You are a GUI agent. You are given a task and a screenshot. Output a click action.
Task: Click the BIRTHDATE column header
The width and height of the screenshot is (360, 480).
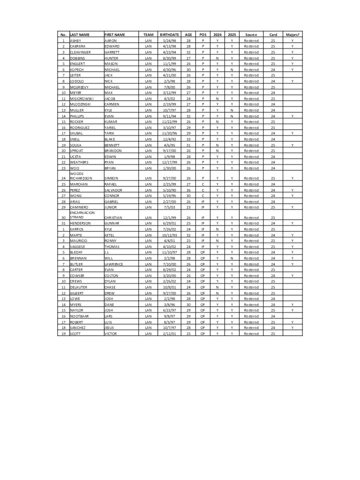(169, 34)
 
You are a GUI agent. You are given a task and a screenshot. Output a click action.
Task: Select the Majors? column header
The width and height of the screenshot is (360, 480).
(292, 34)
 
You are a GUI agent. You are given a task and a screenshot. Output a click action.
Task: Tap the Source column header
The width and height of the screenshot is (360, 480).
(251, 34)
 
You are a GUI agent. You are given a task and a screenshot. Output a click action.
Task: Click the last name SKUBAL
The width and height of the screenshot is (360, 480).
(77, 133)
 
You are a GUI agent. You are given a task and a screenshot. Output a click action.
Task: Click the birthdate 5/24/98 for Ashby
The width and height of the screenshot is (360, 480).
(169, 40)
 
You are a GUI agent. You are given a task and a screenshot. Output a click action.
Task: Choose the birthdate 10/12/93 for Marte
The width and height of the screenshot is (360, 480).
(169, 235)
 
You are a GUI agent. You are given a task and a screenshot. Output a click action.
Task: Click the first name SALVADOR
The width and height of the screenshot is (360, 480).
(113, 190)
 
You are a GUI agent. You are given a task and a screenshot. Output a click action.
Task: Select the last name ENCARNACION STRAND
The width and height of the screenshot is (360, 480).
(83, 215)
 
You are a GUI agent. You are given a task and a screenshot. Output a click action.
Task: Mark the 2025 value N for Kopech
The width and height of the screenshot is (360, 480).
(232, 69)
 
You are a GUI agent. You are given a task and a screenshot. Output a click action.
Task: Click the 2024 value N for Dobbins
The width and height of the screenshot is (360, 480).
(217, 58)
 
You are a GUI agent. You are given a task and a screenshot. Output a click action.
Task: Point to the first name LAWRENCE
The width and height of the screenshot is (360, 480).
(114, 263)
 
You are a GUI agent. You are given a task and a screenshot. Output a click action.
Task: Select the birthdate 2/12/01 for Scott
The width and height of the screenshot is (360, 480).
(169, 333)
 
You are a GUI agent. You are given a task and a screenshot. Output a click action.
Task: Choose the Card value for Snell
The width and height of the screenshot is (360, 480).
(273, 139)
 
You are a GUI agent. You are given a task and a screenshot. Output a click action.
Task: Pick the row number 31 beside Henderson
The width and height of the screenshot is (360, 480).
(63, 223)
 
